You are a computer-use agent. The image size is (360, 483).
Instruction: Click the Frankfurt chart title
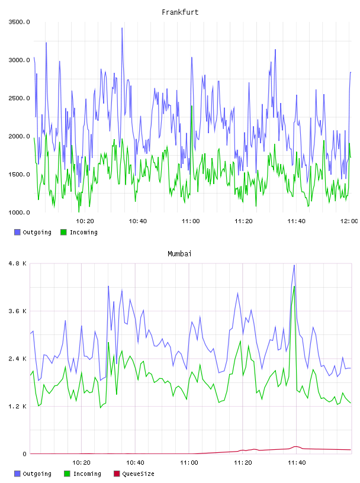pos(180,12)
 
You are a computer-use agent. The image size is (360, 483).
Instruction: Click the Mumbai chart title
pos(179,254)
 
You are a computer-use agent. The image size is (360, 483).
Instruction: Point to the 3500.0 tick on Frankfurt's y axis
pos(19,22)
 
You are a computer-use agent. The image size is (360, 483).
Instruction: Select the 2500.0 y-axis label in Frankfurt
pos(19,98)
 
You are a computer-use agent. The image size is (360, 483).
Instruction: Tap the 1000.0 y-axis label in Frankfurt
pos(19,212)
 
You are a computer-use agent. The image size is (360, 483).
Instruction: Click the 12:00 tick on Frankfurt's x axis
pos(349,221)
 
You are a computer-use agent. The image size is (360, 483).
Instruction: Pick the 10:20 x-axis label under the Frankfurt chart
pos(85,221)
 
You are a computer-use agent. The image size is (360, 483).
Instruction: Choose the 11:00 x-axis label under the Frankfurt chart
pos(191,221)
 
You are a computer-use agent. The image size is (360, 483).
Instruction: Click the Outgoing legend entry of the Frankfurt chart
pos(33,232)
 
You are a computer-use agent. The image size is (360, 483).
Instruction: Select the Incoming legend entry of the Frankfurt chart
pos(79,232)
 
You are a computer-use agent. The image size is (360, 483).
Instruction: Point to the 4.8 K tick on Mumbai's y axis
pos(18,263)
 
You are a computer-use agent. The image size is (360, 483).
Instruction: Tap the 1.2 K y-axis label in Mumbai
pos(18,407)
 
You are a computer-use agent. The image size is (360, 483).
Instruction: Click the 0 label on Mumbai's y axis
pos(25,454)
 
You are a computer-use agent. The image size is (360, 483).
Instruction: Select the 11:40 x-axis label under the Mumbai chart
pos(297,463)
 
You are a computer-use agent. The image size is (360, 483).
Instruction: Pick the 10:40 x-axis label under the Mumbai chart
pos(135,463)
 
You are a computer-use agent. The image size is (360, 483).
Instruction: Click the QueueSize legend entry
pos(134,474)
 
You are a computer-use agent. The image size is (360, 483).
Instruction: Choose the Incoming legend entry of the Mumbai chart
pos(83,474)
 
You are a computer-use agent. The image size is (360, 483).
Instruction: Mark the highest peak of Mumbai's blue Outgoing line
pos(294,265)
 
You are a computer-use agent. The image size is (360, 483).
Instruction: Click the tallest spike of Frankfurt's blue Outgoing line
pos(122,28)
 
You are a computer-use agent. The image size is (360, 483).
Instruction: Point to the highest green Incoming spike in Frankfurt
pos(192,106)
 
